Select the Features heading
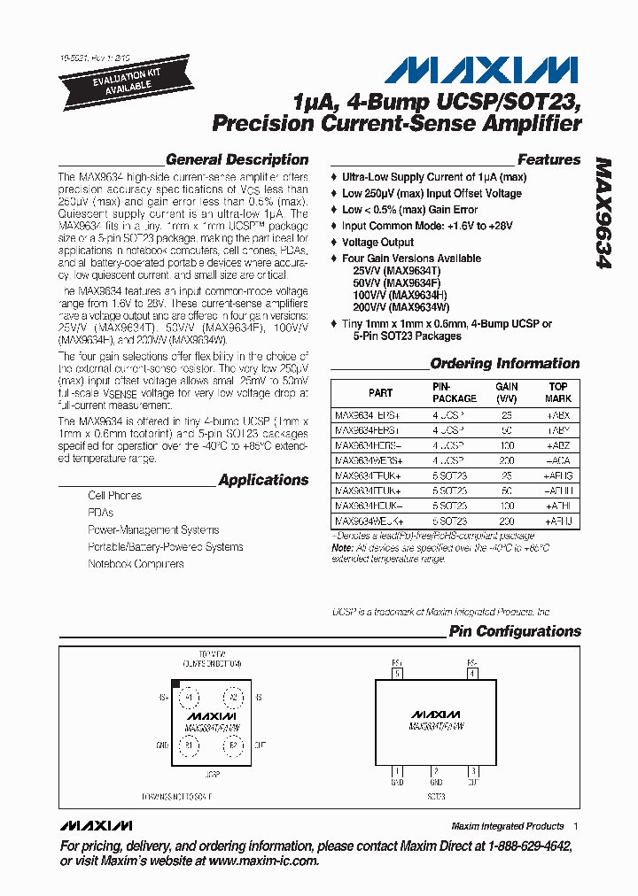[x=549, y=160]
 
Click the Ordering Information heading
[x=504, y=363]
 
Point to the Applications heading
[x=263, y=480]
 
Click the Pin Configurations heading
[x=514, y=631]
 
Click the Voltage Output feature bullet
[x=377, y=242]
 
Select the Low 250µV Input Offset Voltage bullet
[x=432, y=193]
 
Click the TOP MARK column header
[x=557, y=392]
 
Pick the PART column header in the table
[x=380, y=392]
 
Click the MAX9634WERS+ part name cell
[x=369, y=461]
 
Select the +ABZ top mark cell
[x=557, y=445]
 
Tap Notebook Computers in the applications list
[x=136, y=564]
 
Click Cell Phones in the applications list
[x=114, y=496]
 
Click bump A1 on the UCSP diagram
[x=188, y=698]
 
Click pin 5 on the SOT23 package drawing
[x=398, y=673]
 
